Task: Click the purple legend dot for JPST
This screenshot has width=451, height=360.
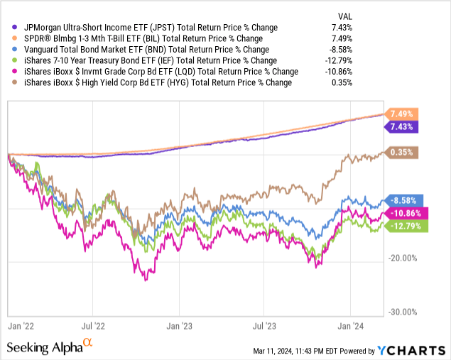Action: point(8,27)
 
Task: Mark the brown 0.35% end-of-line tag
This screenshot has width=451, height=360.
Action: point(403,152)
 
